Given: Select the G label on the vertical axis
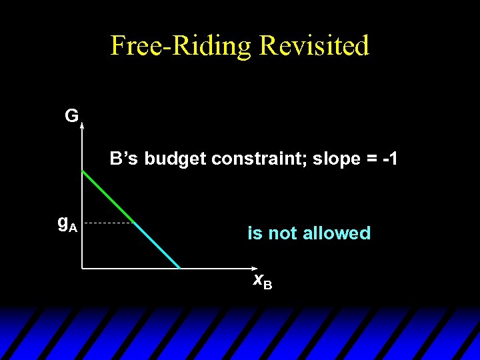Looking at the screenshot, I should coord(71,116).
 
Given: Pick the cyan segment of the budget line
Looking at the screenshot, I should coord(157,245).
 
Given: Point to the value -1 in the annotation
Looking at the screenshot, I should coord(389,159).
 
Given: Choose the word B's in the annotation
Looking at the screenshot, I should coord(125,159).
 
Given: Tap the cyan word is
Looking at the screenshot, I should coord(255,233).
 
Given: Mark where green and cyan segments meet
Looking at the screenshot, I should coord(133,222).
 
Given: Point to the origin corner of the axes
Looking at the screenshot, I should coord(82,268).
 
